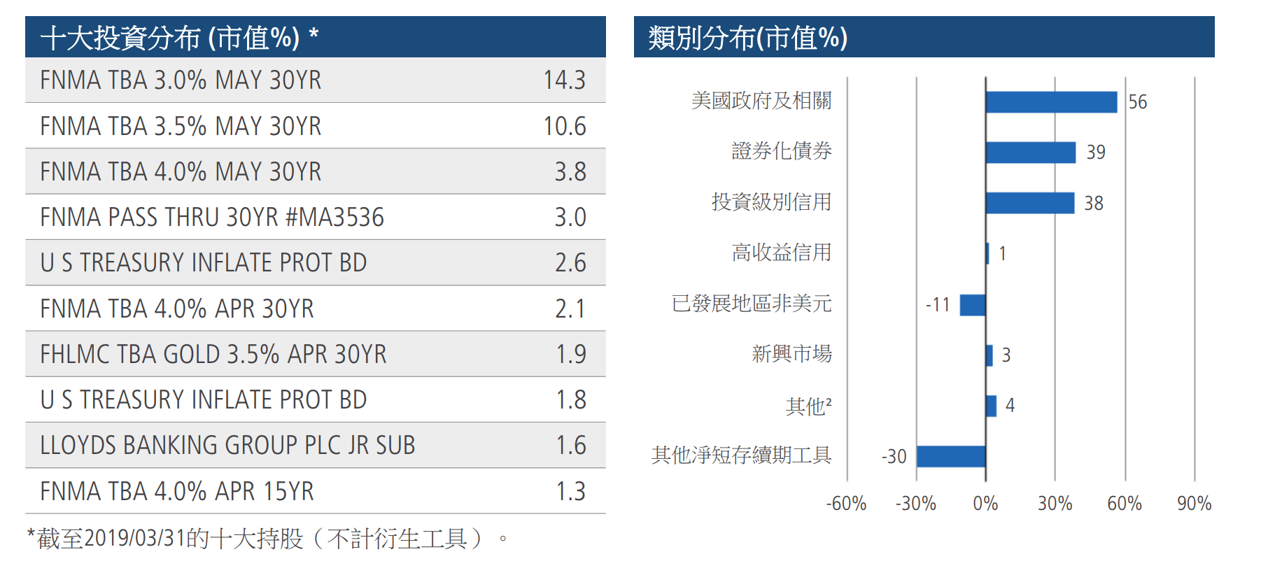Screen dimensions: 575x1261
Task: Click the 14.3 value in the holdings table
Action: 564,80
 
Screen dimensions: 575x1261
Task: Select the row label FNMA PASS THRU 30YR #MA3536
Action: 212,218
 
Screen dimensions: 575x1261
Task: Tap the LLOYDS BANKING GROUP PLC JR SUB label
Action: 227,446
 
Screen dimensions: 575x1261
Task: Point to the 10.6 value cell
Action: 564,127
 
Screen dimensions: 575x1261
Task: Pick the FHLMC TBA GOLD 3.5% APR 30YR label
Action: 213,355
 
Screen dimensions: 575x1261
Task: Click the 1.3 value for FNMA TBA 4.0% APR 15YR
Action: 570,492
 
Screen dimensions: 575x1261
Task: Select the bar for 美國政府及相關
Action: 1050,102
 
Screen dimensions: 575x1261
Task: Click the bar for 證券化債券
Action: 1030,152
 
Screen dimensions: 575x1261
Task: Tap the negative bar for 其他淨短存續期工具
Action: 950,457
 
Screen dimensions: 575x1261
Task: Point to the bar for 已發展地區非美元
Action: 972,305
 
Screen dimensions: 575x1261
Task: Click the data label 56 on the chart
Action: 1137,102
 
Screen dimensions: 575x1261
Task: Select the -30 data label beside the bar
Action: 894,457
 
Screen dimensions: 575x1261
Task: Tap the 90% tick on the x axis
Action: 1194,504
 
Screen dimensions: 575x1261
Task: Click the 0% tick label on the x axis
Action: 985,504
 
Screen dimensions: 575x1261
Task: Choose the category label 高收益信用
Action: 781,253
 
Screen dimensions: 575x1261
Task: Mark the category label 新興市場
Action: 791,354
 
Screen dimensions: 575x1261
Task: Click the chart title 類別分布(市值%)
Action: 747,38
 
